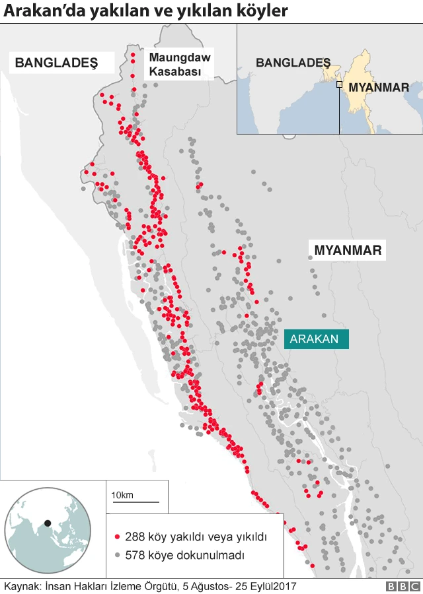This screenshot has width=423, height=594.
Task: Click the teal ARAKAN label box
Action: coord(316,339)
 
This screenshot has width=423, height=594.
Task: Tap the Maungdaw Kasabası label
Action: coord(180,65)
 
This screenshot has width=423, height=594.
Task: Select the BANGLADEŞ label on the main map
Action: coord(56,63)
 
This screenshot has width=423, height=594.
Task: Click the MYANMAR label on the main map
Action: coord(348,251)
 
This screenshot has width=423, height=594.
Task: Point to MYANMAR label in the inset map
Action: coord(379,87)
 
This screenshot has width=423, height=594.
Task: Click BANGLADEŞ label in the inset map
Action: coord(293,63)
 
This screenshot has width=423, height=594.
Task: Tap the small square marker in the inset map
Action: coord(339,84)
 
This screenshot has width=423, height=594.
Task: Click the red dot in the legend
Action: coord(117,538)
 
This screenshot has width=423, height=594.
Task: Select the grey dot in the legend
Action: coord(117,556)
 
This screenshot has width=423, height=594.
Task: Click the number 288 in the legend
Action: coord(135,538)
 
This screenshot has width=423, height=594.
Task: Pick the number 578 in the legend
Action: coord(135,556)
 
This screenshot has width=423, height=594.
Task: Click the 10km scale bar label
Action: coord(122,496)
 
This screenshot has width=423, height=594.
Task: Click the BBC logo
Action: coord(402,586)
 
